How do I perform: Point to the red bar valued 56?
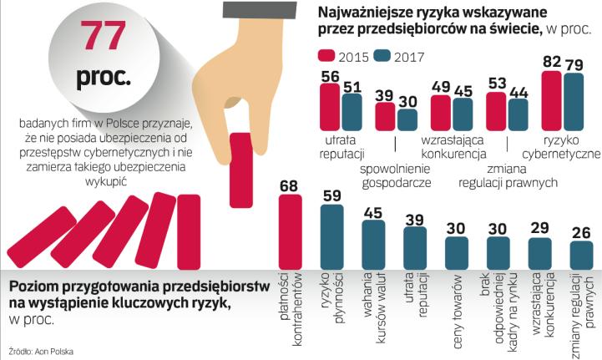(329, 106)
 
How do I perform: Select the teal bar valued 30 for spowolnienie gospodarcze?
(407, 119)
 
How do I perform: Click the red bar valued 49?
(440, 111)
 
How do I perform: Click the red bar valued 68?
(289, 230)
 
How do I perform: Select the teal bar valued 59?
(331, 236)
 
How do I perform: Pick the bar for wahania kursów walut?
(373, 243)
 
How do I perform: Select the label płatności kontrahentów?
(289, 297)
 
